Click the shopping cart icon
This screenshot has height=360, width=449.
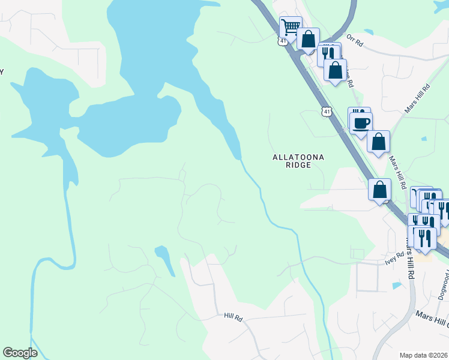(x=291, y=27)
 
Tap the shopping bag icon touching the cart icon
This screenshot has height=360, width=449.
(x=308, y=40)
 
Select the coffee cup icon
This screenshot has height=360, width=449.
(x=361, y=124)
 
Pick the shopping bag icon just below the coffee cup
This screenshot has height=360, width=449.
(x=378, y=142)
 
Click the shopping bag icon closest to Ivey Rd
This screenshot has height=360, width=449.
(x=380, y=190)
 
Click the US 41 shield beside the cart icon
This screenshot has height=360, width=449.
(x=283, y=41)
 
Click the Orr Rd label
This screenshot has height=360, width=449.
(x=355, y=43)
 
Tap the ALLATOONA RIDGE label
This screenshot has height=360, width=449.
(x=298, y=161)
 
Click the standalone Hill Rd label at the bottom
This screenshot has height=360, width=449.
(x=232, y=316)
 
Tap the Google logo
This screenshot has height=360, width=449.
(x=20, y=353)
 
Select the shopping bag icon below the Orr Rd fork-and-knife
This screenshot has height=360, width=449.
(x=336, y=70)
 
